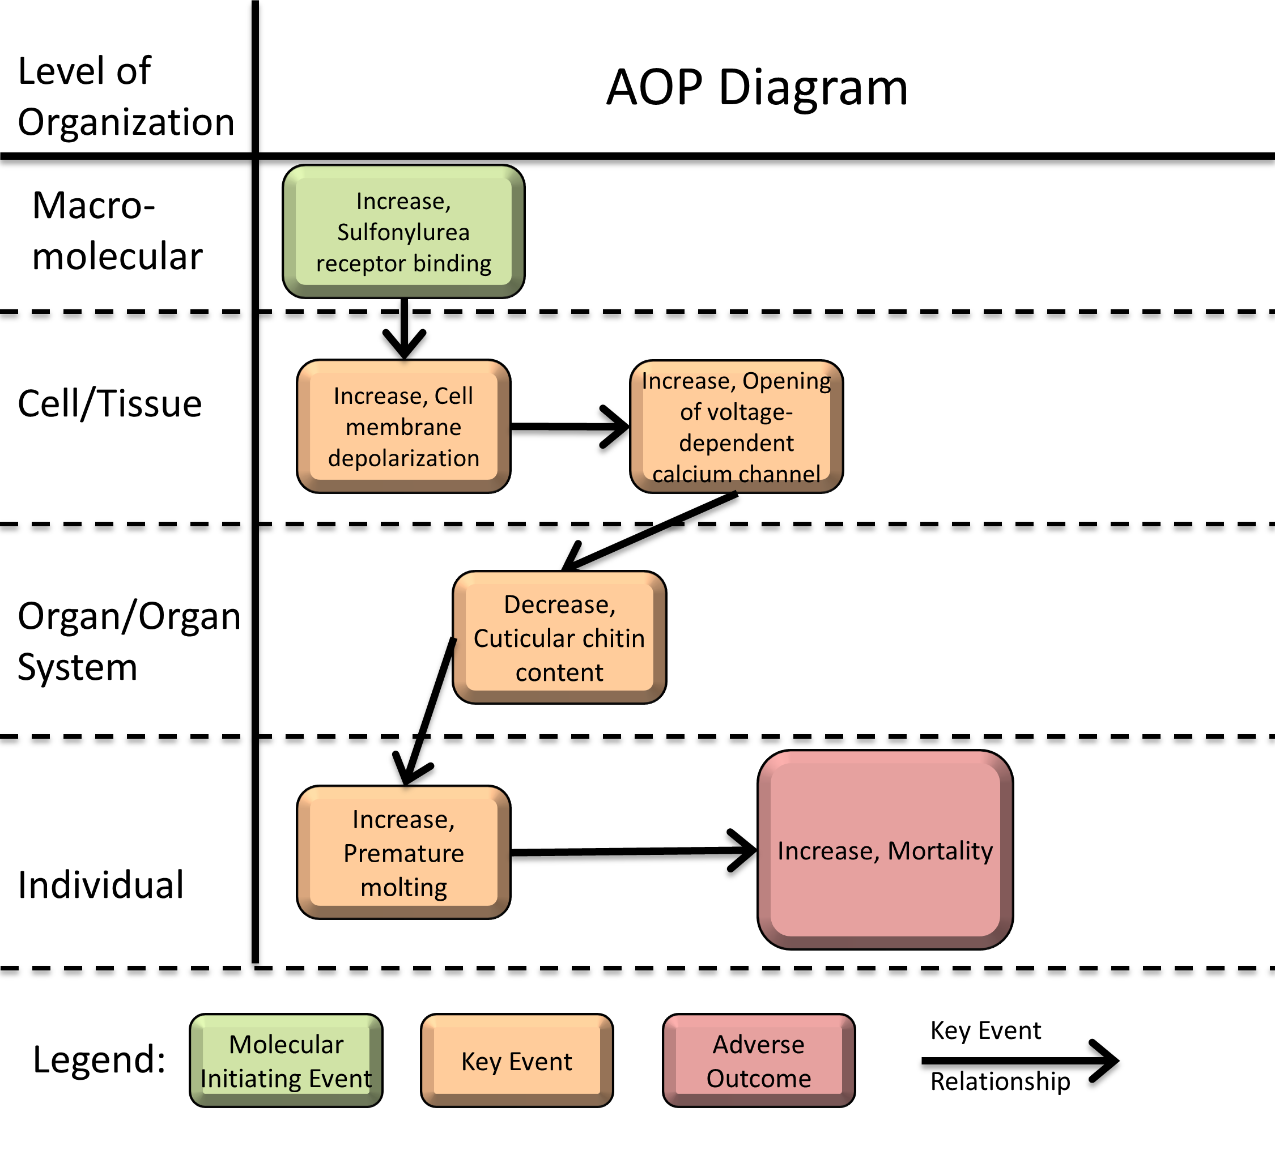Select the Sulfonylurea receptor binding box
click(x=403, y=232)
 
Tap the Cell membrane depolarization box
click(x=403, y=427)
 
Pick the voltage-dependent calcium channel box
click(x=737, y=427)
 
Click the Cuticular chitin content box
click(x=559, y=637)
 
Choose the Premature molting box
click(x=403, y=853)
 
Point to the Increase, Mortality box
click(x=885, y=850)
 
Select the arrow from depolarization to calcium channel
click(x=569, y=427)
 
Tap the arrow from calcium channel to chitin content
click(x=651, y=531)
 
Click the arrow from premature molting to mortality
click(x=632, y=852)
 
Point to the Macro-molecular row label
click(x=117, y=231)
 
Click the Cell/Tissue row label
click(x=109, y=404)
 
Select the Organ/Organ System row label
click(x=128, y=641)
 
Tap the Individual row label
click(x=100, y=885)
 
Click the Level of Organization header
click(x=125, y=96)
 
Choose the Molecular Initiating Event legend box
click(x=286, y=1061)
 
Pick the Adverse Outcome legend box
click(x=759, y=1061)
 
